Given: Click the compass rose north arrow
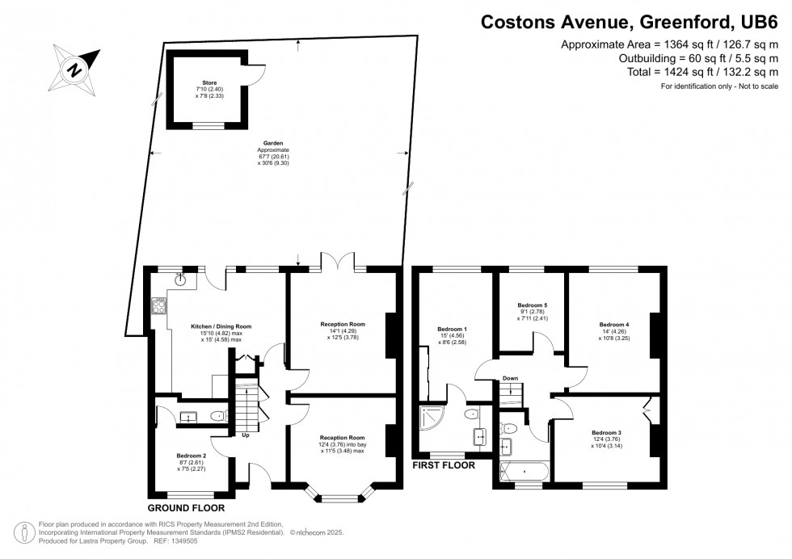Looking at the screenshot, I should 75,69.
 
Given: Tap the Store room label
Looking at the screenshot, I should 203,82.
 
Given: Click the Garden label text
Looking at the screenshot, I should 273,143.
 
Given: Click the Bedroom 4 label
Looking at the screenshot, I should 614,324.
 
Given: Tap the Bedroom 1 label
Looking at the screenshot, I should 452,329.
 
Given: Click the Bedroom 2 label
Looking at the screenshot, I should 192,456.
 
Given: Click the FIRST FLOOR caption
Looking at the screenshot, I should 443,465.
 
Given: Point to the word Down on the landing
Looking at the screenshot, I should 510,378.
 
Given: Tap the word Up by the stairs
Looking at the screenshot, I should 246,435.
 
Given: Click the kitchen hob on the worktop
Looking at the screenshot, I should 159,305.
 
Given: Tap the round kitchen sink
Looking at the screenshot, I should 183,280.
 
